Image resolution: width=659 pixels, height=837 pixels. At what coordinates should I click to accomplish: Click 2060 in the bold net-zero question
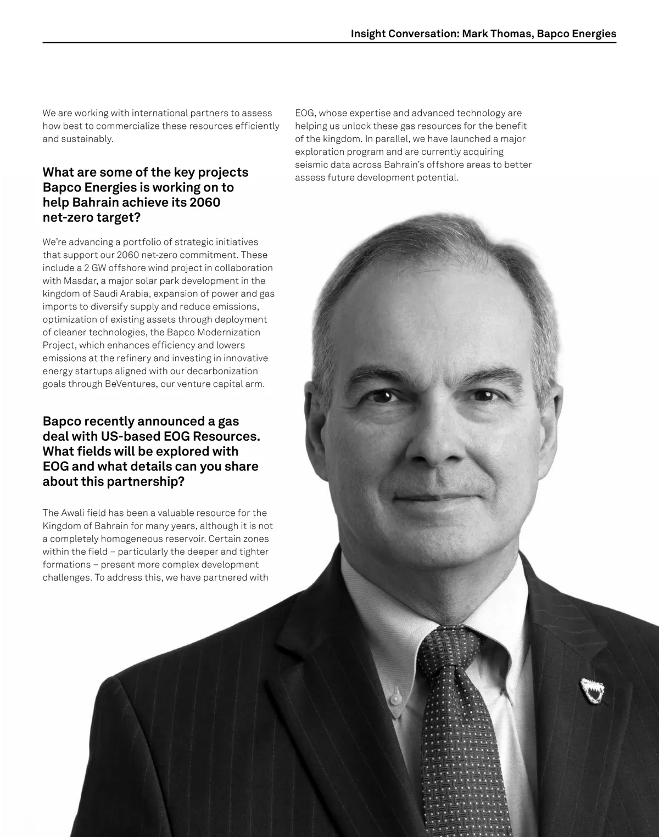(204, 203)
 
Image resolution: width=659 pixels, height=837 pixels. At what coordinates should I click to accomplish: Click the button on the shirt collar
(394, 698)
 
